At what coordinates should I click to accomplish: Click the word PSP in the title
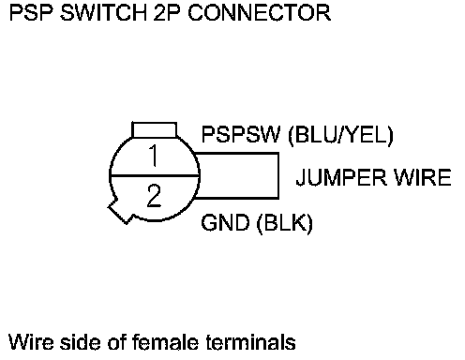31,13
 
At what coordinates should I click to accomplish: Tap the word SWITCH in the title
103,13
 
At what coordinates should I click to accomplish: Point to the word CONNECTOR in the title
260,13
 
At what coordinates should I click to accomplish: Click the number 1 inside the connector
154,156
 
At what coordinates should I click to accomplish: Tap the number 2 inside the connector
154,196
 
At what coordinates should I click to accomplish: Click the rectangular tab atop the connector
155,129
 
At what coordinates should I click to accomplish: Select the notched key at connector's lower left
120,211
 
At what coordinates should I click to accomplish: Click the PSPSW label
241,134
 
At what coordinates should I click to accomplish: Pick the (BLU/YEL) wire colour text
340,136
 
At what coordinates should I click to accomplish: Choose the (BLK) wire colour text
285,224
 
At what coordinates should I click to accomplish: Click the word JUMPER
341,177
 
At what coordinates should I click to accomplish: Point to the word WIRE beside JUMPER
422,177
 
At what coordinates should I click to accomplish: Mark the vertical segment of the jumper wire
278,175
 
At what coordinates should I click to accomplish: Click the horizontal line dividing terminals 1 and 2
155,176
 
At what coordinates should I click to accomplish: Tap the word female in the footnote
165,342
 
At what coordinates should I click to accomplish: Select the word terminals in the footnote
250,342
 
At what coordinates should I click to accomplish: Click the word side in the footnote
81,342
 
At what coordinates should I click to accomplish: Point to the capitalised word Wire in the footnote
31,342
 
